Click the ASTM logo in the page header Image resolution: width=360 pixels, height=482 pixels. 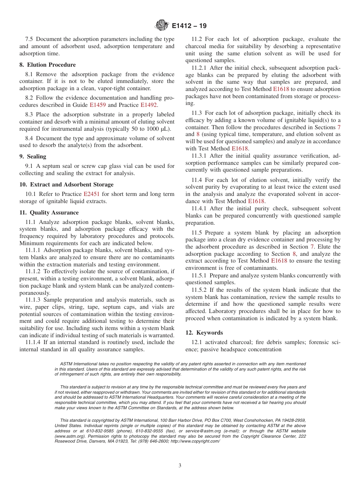[x=162, y=26]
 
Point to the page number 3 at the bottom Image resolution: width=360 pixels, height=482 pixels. [x=180, y=466]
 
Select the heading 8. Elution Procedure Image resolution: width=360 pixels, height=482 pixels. [x=47, y=65]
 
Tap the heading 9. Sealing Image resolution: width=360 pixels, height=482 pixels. [x=33, y=156]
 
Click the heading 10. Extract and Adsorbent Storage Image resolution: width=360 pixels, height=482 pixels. [x=66, y=185]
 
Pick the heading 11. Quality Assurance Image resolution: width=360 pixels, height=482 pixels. [x=49, y=213]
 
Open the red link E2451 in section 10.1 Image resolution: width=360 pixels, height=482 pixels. [x=91, y=194]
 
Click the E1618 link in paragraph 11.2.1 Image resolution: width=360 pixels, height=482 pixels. [x=280, y=89]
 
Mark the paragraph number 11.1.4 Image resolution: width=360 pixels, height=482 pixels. [x=34, y=342]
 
